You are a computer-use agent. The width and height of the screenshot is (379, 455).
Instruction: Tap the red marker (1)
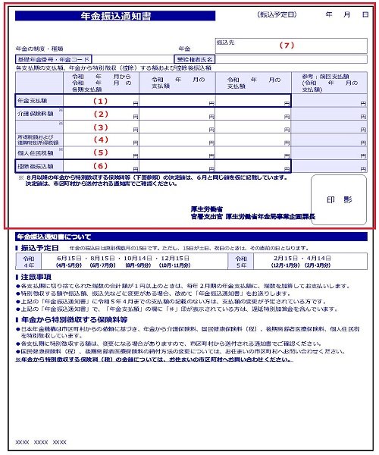(100, 99)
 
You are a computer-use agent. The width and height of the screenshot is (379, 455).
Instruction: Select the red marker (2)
(100, 114)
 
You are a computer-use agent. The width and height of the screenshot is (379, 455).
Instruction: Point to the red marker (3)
(100, 127)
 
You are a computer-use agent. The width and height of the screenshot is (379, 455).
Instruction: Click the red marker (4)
(100, 140)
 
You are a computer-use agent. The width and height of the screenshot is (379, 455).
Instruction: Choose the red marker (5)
(100, 152)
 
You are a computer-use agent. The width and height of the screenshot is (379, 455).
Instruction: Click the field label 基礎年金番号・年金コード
(55, 58)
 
